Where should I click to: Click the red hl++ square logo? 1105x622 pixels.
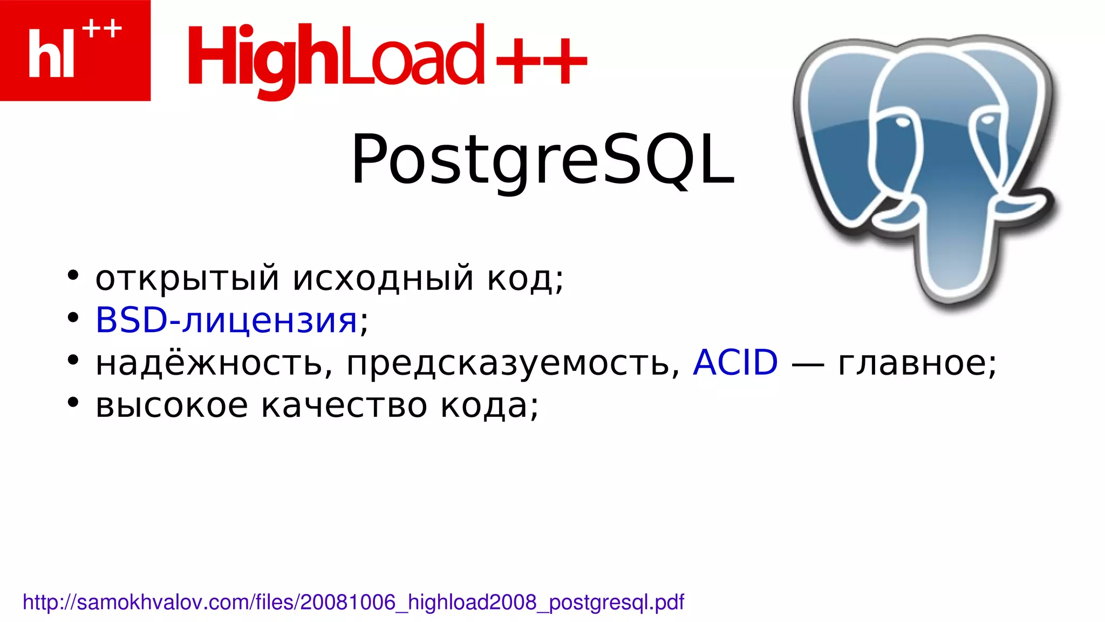coord(75,50)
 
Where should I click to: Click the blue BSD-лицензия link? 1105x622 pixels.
coord(226,320)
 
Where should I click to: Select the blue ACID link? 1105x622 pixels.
coord(735,362)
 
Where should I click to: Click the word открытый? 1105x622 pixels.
coord(187,278)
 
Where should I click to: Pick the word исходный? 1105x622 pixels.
coord(383,278)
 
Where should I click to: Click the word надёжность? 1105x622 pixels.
coord(214,363)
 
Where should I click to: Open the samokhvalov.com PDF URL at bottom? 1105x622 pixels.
coord(353,602)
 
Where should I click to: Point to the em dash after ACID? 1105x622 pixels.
coord(808,365)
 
